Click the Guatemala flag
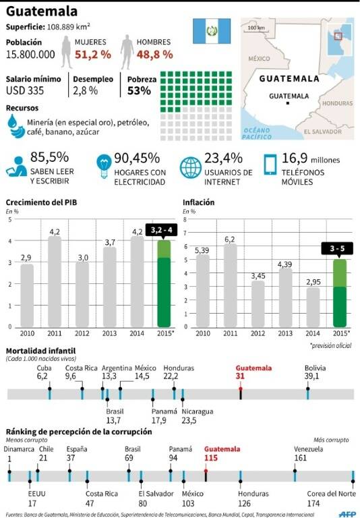point(212,31)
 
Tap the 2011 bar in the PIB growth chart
point(55,282)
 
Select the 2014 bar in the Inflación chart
point(313,308)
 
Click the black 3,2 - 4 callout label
point(161,230)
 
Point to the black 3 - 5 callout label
point(337,248)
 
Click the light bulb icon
point(104,166)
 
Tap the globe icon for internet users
point(191,167)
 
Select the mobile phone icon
point(270,164)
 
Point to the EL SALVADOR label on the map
point(323,132)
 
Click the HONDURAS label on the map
point(337,103)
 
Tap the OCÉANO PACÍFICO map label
point(257,134)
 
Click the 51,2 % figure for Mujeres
point(93,55)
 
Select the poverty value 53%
point(139,90)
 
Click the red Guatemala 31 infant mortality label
point(253,372)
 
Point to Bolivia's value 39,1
point(311,376)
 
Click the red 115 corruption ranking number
point(211,458)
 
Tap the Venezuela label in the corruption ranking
point(309,449)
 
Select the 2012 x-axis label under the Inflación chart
point(258,333)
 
